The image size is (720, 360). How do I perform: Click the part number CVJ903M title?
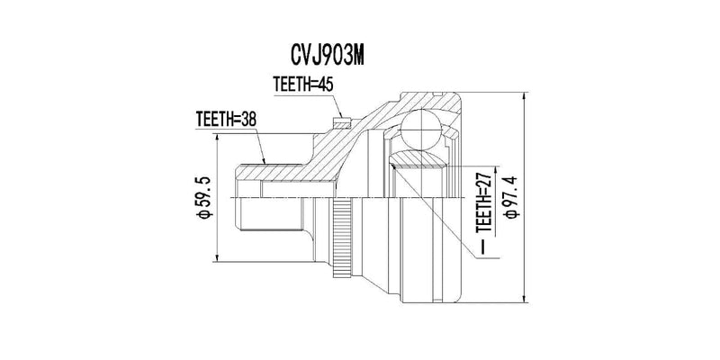[328, 56]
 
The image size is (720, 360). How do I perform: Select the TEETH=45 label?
[302, 85]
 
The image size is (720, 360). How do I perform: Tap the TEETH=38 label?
[226, 120]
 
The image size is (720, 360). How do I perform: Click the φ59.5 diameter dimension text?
[204, 197]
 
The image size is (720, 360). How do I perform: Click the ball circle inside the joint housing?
[421, 130]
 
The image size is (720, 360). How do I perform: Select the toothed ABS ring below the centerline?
[341, 238]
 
